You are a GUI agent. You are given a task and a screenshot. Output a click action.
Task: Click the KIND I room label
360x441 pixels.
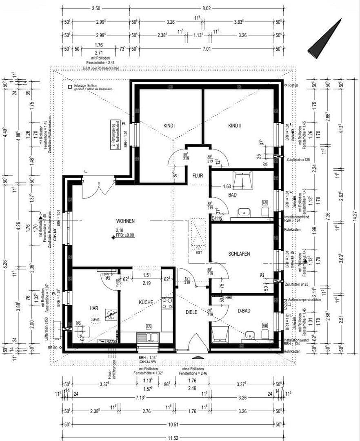click(x=169, y=126)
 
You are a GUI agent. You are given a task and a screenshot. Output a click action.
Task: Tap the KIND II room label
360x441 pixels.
click(x=235, y=126)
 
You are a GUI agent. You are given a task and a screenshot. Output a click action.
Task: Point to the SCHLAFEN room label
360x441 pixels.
click(x=239, y=254)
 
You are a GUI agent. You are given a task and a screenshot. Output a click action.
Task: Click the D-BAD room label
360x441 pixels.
click(x=244, y=311)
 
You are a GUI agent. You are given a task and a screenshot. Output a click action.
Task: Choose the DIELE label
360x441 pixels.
click(x=191, y=312)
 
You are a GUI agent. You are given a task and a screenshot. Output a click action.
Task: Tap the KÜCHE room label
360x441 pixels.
click(x=146, y=303)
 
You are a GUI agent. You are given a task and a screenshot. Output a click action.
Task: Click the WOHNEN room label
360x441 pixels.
click(x=125, y=221)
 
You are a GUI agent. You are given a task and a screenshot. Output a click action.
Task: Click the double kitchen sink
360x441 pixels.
click(x=148, y=337)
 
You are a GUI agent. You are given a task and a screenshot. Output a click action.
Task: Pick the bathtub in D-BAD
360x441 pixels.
click(x=220, y=333)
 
